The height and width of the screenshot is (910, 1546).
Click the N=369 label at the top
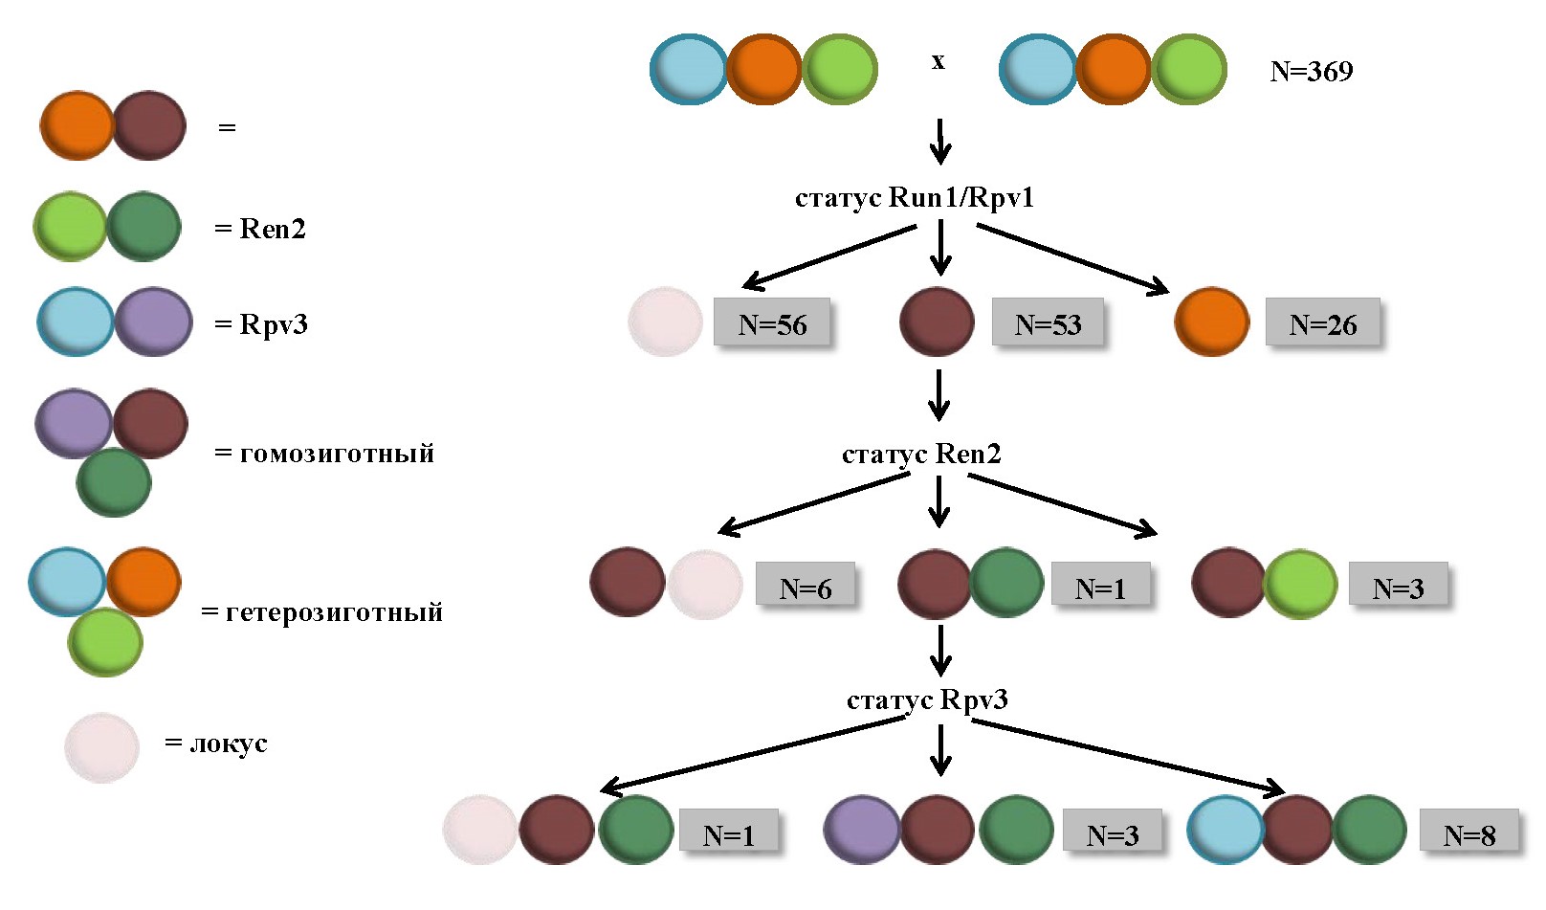(x=1311, y=72)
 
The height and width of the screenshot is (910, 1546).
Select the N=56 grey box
(x=772, y=324)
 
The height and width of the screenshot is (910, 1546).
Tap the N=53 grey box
(x=1048, y=324)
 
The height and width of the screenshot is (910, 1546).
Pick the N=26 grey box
(x=1322, y=324)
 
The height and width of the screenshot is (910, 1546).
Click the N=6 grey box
(x=805, y=588)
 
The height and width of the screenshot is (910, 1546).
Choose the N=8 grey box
(x=1469, y=835)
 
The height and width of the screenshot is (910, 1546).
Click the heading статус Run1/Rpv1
(x=914, y=198)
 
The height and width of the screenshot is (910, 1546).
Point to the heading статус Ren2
(x=921, y=454)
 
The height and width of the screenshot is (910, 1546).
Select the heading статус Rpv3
(x=927, y=699)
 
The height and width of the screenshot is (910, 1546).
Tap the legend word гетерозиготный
(x=334, y=611)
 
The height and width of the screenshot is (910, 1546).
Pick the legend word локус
(x=228, y=744)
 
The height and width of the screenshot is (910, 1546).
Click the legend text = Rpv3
(x=261, y=324)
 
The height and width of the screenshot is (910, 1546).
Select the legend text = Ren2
(x=260, y=229)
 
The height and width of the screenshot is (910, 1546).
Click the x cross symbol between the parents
(x=938, y=61)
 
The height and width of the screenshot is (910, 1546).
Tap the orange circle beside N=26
(x=1211, y=322)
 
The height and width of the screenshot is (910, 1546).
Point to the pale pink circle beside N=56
(x=665, y=322)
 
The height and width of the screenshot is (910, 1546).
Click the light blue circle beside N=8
(x=1225, y=830)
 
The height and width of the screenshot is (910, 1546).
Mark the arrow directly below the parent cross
(x=940, y=141)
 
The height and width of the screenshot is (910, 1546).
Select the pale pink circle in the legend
(x=101, y=747)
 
